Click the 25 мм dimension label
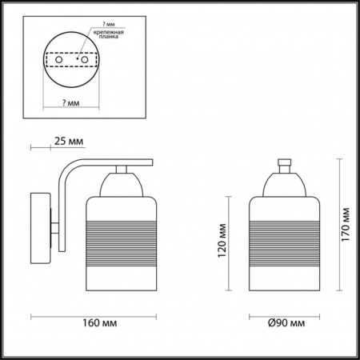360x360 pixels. [67, 142]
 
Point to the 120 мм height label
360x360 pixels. [226, 248]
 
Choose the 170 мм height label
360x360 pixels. [346, 225]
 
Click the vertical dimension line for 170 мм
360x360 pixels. [332, 225]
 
